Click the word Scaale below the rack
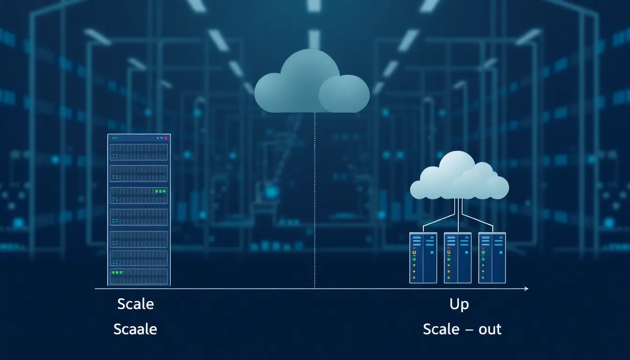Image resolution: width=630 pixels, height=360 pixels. pyautogui.click(x=135, y=329)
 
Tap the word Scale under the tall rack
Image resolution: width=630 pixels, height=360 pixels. pyautogui.click(x=135, y=304)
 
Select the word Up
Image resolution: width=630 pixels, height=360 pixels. pyautogui.click(x=459, y=304)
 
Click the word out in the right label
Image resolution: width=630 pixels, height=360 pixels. pyautogui.click(x=490, y=329)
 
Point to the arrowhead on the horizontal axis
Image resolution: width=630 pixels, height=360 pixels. pyautogui.click(x=526, y=289)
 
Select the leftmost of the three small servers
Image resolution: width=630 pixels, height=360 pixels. pyautogui.click(x=423, y=258)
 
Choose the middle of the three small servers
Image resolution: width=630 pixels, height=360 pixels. pyautogui.click(x=457, y=258)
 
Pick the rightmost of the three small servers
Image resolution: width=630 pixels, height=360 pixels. pyautogui.click(x=492, y=258)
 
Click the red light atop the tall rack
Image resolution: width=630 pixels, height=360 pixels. pyautogui.click(x=165, y=138)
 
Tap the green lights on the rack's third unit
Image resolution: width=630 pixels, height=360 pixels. pyautogui.click(x=160, y=191)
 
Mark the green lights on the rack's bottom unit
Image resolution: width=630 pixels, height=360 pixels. pyautogui.click(x=117, y=272)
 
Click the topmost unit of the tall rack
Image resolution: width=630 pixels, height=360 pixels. pyautogui.click(x=139, y=152)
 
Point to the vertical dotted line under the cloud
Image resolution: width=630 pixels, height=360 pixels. pyautogui.click(x=315, y=202)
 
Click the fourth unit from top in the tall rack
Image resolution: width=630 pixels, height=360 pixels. pyautogui.click(x=139, y=217)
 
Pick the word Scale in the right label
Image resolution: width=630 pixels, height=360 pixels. pyautogui.click(x=441, y=329)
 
